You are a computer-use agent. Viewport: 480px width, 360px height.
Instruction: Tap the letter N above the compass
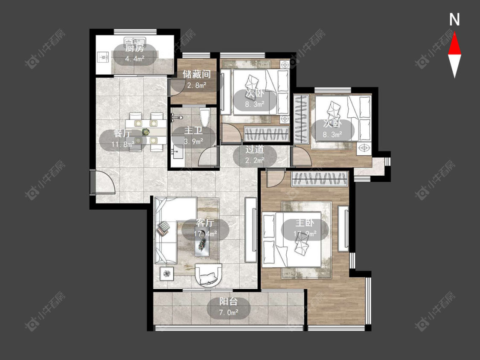coord(454,20)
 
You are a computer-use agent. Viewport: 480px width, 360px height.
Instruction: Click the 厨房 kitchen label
coord(134,48)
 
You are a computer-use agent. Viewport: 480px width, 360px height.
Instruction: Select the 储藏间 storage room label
coord(197,74)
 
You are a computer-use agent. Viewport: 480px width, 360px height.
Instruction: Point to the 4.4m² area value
coord(135,59)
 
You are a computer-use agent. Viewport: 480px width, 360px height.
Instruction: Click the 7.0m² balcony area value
coord(229,313)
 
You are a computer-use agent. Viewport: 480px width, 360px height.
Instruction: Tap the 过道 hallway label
coord(255,149)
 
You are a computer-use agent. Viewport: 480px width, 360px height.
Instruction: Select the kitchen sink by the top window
coord(135,41)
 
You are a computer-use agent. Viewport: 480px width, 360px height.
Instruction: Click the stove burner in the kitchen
coord(104,57)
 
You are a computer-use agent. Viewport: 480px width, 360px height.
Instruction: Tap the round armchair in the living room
coord(208,275)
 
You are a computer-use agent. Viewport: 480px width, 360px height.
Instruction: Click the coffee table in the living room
coord(202,241)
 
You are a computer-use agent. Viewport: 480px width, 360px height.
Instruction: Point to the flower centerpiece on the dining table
coord(146,132)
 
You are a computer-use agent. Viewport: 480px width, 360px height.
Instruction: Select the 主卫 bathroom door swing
coord(208,157)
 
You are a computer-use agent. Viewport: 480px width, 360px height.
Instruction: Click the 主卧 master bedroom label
coord(305,223)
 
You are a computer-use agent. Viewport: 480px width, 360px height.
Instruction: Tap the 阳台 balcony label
coord(229,302)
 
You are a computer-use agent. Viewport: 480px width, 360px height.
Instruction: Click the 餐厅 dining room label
coord(122,134)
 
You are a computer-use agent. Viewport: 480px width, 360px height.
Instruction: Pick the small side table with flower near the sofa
coord(167,273)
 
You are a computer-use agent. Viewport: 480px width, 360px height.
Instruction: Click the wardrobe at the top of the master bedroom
coord(320,179)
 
